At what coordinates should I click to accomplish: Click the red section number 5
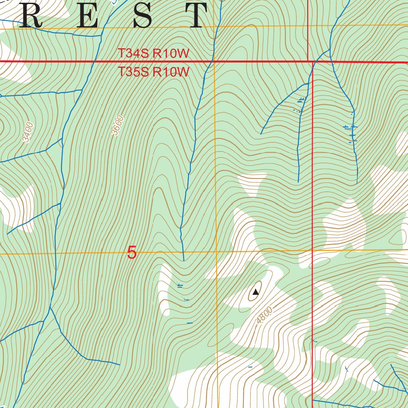(132, 253)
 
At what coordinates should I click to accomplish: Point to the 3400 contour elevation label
(27, 132)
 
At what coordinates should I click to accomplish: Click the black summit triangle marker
(256, 292)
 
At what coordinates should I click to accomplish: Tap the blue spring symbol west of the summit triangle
(180, 285)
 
